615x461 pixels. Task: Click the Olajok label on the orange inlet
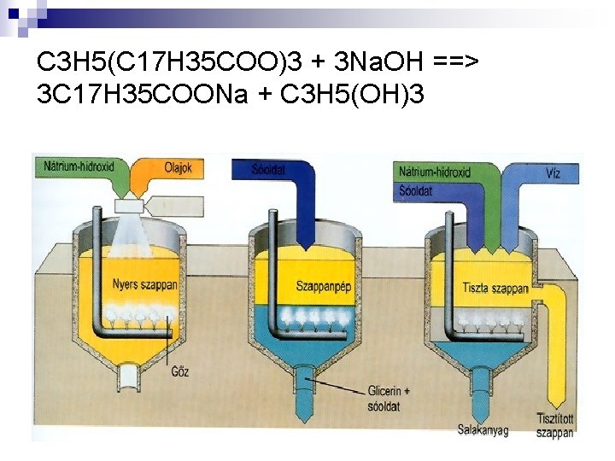pyautogui.click(x=179, y=168)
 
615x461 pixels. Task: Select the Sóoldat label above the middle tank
pyautogui.click(x=270, y=170)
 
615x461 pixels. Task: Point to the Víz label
pyautogui.click(x=553, y=172)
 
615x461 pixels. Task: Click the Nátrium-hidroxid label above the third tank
pyautogui.click(x=435, y=172)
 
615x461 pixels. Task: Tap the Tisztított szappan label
pyautogui.click(x=556, y=425)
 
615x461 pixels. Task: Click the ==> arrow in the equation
pyautogui.click(x=459, y=62)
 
